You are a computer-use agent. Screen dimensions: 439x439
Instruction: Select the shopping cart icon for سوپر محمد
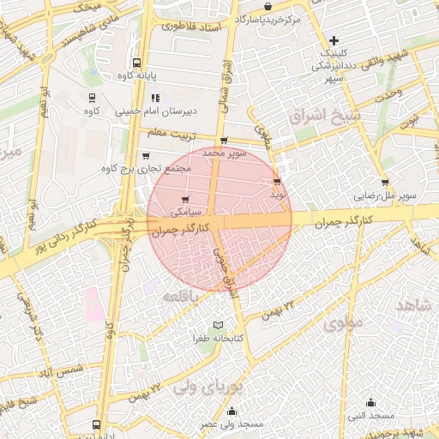(x=224, y=141)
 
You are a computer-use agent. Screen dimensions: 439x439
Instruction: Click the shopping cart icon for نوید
(x=276, y=182)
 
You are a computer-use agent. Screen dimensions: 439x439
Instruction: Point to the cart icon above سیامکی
(x=185, y=199)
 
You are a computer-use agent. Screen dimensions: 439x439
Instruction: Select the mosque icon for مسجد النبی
(x=370, y=402)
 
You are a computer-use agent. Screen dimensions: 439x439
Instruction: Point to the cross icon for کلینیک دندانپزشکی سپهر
(x=334, y=40)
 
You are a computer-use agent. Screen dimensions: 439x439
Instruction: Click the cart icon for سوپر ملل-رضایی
(x=385, y=182)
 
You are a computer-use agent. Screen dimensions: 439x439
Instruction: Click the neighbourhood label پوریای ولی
(x=208, y=387)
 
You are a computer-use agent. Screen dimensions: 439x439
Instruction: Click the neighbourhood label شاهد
(x=412, y=306)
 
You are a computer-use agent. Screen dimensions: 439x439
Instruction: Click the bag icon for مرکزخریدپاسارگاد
(x=268, y=7)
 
